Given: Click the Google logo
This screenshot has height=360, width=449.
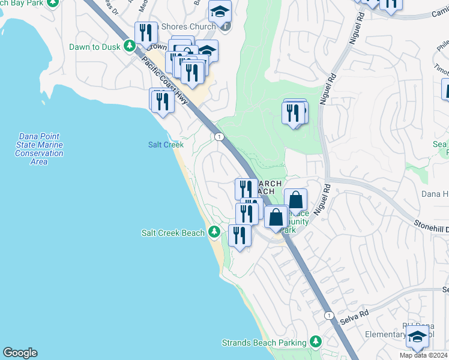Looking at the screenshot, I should [x=20, y=353].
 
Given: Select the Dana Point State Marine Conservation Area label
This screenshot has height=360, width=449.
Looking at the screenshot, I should [x=39, y=149].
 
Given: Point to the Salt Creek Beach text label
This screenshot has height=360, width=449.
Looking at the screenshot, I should [x=173, y=233].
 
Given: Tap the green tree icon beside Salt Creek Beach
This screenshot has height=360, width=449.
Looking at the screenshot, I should [x=214, y=233].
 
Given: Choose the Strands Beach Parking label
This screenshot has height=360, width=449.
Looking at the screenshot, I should [x=264, y=343].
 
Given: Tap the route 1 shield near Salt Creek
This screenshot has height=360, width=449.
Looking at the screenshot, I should [x=220, y=137].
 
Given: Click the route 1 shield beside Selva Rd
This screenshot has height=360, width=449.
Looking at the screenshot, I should [x=328, y=315].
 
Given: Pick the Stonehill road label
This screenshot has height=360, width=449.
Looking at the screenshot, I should [x=431, y=227].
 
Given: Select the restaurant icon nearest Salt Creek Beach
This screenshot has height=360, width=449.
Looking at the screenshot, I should [x=239, y=235].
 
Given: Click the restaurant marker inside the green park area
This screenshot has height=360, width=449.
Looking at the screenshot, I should [x=293, y=112].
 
